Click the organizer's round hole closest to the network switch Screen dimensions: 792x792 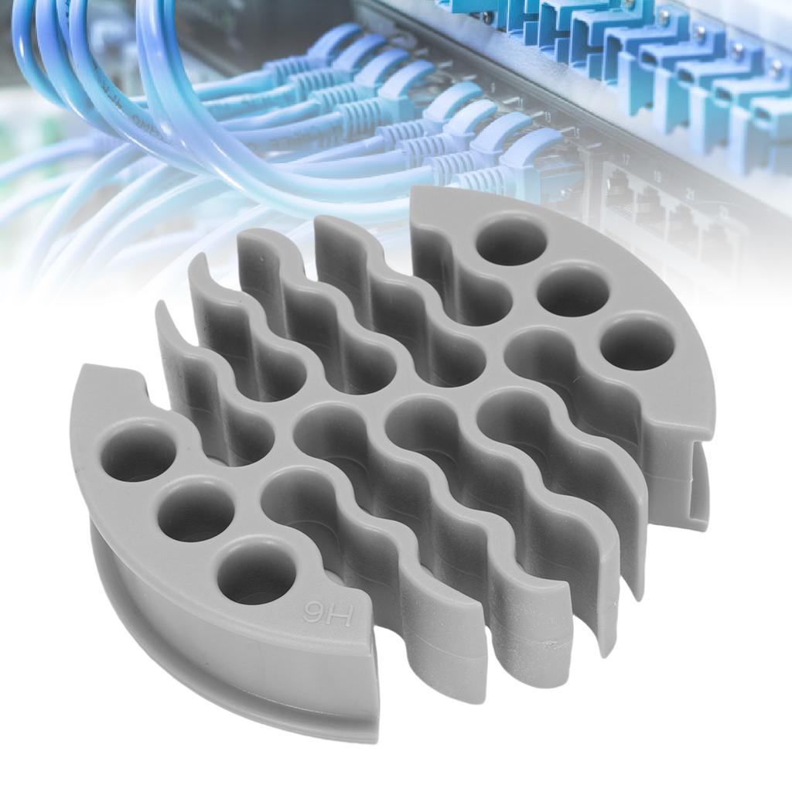(x=510, y=240)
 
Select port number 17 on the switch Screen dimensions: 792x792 (x=626, y=159)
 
